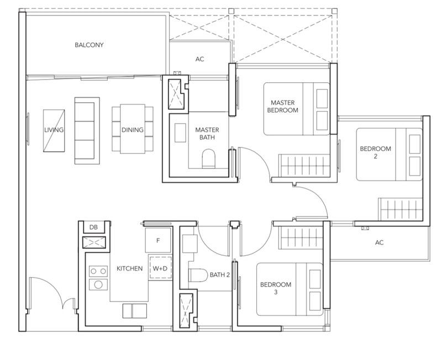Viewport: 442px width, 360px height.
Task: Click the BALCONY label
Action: (x=89, y=45)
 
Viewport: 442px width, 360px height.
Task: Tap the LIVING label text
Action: (x=54, y=130)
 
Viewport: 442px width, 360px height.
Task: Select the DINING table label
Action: (x=132, y=130)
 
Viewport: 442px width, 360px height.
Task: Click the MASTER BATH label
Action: (x=207, y=134)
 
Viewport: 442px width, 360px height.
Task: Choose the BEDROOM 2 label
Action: (x=375, y=152)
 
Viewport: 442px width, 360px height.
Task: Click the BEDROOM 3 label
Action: (x=275, y=289)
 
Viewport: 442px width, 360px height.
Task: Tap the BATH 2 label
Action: (x=219, y=274)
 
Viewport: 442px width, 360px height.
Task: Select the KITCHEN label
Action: (x=129, y=268)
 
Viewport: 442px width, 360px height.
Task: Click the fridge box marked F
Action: (x=159, y=241)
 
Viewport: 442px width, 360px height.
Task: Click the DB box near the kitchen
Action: (x=93, y=227)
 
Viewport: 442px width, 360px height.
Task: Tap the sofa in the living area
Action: (x=87, y=130)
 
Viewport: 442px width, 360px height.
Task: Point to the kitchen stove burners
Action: (x=98, y=278)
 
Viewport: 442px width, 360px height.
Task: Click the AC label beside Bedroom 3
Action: (x=379, y=243)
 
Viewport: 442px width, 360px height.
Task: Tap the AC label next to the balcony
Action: (x=199, y=59)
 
